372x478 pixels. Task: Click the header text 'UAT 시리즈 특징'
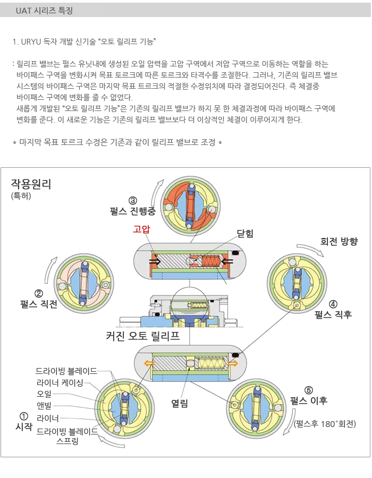(x=44, y=11)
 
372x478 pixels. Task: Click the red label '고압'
(x=141, y=229)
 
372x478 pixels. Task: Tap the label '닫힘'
(x=245, y=233)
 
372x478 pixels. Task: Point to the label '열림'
(x=180, y=403)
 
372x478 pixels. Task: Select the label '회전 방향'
(x=339, y=242)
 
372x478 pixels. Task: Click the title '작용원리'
(x=31, y=184)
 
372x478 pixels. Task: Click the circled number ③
(x=133, y=201)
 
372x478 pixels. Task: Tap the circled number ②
(x=38, y=294)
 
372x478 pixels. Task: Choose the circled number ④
(x=333, y=304)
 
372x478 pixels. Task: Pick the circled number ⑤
(x=309, y=390)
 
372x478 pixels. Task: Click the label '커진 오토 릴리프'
(x=143, y=336)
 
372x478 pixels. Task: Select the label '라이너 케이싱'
(x=60, y=382)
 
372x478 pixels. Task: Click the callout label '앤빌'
(x=44, y=406)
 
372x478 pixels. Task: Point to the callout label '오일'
(x=44, y=394)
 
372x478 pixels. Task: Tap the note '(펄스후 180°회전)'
(x=325, y=424)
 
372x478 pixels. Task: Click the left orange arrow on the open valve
(x=149, y=363)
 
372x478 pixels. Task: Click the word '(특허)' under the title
(x=21, y=195)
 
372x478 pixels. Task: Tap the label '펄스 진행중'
(x=133, y=211)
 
